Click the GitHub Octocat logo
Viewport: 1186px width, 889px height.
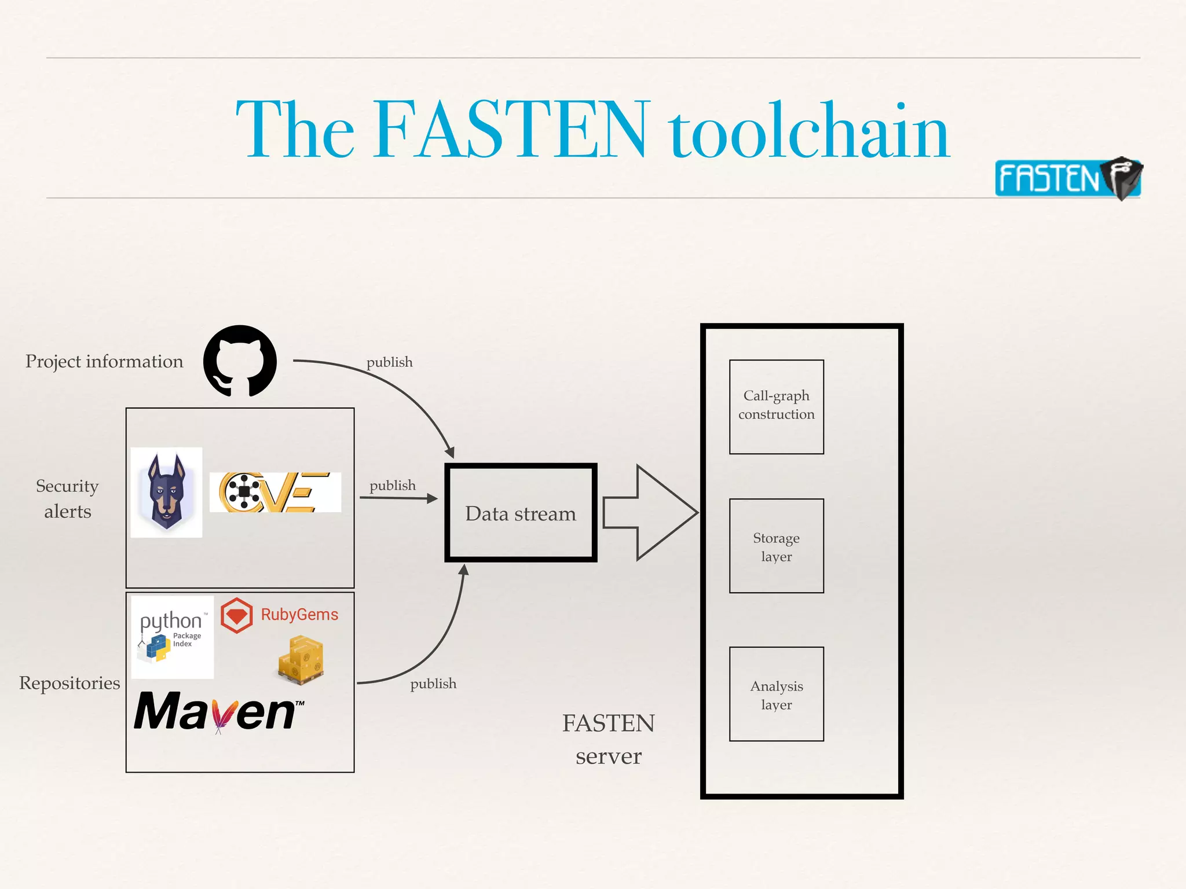(240, 361)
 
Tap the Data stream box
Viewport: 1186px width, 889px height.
(521, 513)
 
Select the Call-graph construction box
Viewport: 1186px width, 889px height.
(776, 406)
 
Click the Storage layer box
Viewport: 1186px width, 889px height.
(776, 546)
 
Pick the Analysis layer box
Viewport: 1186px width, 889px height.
(776, 694)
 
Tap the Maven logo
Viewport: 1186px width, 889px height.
(218, 712)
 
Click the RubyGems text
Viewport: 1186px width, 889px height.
(299, 615)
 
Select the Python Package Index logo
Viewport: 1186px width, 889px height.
(172, 637)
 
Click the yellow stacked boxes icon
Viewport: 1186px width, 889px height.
(301, 660)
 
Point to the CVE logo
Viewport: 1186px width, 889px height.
(275, 492)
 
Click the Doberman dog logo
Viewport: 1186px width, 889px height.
(166, 492)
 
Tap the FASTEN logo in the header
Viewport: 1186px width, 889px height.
(1067, 178)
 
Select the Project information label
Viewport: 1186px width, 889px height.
(104, 361)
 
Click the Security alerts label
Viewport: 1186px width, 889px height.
(67, 498)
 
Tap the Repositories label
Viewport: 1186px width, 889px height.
(69, 683)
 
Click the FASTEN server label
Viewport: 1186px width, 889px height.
(609, 739)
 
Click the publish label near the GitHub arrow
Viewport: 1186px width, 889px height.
(389, 362)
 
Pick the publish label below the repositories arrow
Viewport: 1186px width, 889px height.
(433, 684)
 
